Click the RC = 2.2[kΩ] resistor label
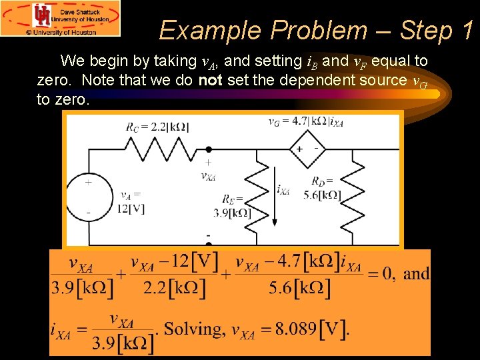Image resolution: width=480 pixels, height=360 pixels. [x=157, y=127]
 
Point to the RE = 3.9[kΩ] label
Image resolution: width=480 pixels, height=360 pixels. [x=237, y=206]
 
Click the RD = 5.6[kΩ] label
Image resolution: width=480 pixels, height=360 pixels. [x=326, y=188]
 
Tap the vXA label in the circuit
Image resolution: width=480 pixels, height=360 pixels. [x=208, y=176]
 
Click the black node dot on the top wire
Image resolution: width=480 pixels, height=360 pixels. [x=209, y=149]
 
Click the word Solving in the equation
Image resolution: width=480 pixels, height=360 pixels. [x=194, y=329]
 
